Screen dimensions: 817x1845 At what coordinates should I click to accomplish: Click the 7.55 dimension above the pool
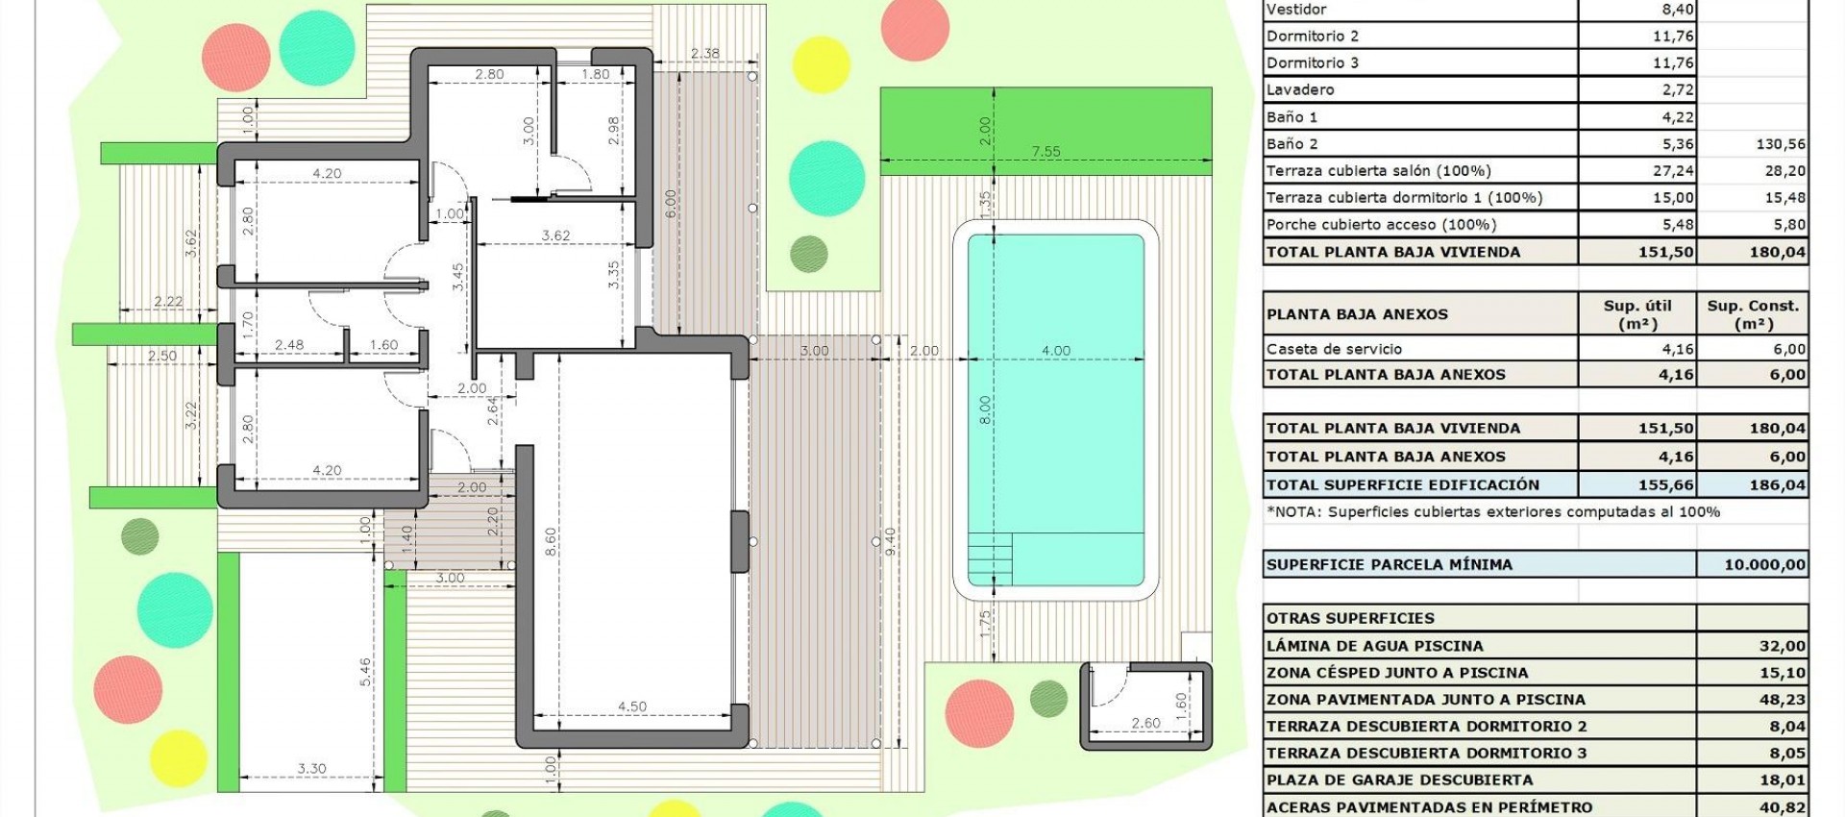(x=1045, y=151)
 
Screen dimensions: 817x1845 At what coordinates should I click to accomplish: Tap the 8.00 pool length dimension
(x=984, y=410)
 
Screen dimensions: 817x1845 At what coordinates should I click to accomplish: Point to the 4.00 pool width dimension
(x=1055, y=351)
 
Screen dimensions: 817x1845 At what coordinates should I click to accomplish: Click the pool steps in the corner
(x=990, y=558)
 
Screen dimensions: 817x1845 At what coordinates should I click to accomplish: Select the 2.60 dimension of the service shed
(x=1145, y=723)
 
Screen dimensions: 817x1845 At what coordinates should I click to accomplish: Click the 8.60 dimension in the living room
(x=551, y=541)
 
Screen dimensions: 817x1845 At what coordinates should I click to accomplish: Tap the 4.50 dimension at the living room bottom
(x=631, y=706)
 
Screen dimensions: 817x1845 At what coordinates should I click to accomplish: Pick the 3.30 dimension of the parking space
(x=311, y=768)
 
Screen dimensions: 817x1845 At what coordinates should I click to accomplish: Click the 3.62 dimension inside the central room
(x=555, y=235)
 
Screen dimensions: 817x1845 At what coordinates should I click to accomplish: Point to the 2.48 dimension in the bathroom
(x=288, y=345)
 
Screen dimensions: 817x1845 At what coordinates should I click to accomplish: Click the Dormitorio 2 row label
(x=1313, y=37)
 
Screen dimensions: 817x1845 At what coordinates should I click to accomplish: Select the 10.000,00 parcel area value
(x=1764, y=564)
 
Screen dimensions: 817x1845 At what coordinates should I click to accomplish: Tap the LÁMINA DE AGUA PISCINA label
(x=1374, y=646)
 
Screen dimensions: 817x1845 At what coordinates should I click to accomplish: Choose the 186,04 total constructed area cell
(x=1777, y=484)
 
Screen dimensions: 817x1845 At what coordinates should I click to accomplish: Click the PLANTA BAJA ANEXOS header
(x=1357, y=314)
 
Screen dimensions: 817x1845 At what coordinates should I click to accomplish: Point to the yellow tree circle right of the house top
(x=822, y=64)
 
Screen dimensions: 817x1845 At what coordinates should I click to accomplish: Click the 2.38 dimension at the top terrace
(x=704, y=53)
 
